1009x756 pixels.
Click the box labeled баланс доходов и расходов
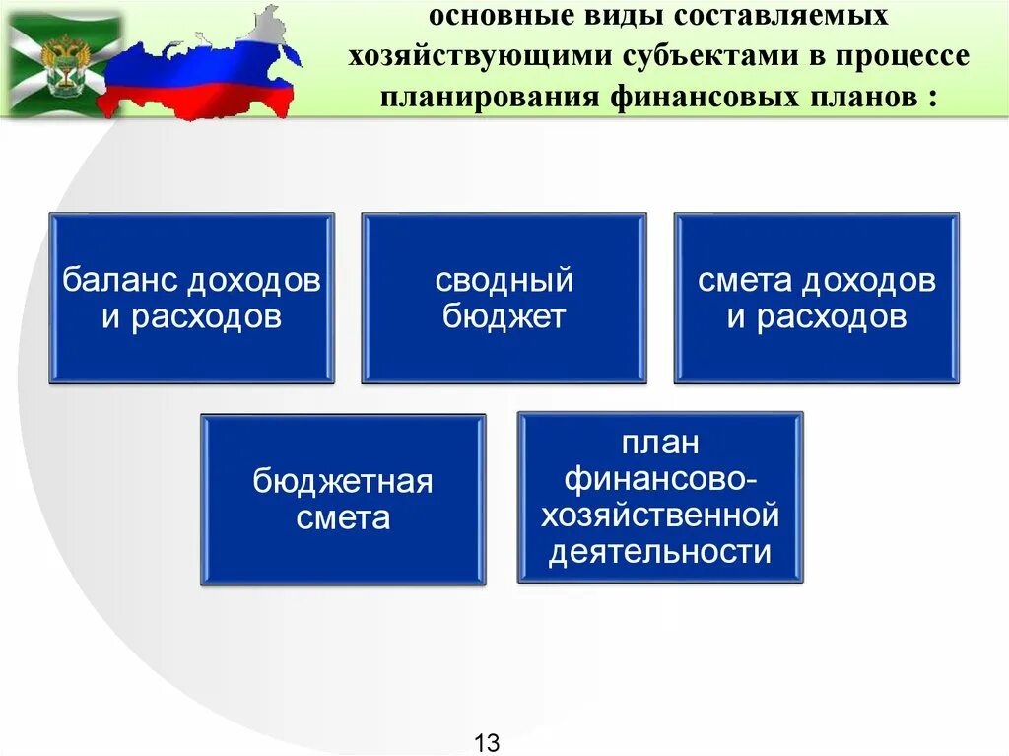(192, 298)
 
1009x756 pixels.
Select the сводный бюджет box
(504, 298)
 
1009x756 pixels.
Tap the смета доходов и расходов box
(816, 298)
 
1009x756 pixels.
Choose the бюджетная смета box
(343, 500)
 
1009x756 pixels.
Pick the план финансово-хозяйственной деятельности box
(660, 497)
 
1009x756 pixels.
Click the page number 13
(488, 742)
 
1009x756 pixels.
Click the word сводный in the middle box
(504, 281)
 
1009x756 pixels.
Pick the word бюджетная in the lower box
(343, 483)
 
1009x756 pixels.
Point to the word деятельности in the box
(660, 552)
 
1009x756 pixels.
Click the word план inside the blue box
(660, 443)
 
